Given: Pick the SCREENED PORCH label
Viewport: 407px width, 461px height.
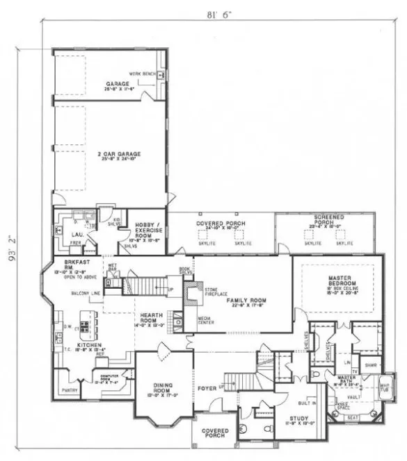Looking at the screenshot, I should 325,222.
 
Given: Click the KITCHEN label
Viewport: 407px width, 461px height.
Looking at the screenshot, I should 91,345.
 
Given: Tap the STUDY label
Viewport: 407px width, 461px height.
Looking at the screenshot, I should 301,418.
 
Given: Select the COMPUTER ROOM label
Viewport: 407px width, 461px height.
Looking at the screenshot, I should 105,379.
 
